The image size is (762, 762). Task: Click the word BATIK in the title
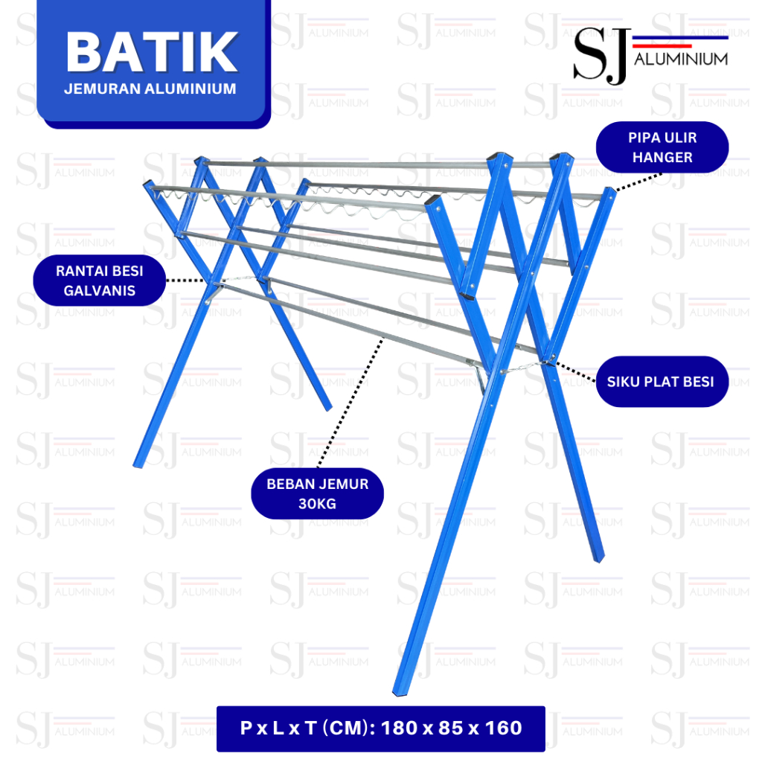pyautogui.click(x=152, y=51)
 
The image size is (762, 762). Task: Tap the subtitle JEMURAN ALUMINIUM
pyautogui.click(x=150, y=89)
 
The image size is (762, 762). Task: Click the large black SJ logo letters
pyautogui.click(x=601, y=56)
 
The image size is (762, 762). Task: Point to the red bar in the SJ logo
pyautogui.click(x=662, y=45)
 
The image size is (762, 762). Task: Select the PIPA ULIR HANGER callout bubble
pyautogui.click(x=662, y=147)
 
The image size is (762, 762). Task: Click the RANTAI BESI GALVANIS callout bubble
pyautogui.click(x=100, y=281)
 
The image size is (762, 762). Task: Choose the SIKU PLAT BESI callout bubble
pyautogui.click(x=662, y=382)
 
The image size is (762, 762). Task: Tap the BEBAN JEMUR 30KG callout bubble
pyautogui.click(x=317, y=493)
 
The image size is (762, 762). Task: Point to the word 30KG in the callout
pyautogui.click(x=317, y=504)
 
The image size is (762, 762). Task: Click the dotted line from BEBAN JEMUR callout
pyautogui.click(x=350, y=404)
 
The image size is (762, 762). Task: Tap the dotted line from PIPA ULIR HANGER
pyautogui.click(x=638, y=182)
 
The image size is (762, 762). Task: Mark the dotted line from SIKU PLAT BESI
pyautogui.click(x=575, y=371)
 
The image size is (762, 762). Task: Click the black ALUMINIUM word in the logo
pyautogui.click(x=681, y=60)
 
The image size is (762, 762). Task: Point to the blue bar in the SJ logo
pyautogui.click(x=680, y=37)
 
